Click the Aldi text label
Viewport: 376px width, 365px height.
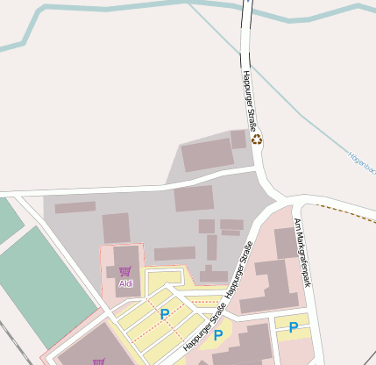[x=125, y=284]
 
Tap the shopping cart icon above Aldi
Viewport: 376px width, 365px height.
[x=125, y=272]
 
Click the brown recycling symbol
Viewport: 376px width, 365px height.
[x=257, y=139]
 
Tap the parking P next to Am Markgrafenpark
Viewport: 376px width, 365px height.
[x=293, y=327]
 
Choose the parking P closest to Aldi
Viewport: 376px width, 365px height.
[x=164, y=313]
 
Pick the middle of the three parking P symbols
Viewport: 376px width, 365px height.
[x=218, y=334]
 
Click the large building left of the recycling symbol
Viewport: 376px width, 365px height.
[x=207, y=154]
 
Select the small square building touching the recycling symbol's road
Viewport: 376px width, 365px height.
[x=238, y=139]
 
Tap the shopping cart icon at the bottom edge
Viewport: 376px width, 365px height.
[x=98, y=361]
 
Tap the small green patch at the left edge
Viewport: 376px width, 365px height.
[x=8, y=219]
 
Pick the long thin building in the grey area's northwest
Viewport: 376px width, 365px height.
[x=74, y=208]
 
